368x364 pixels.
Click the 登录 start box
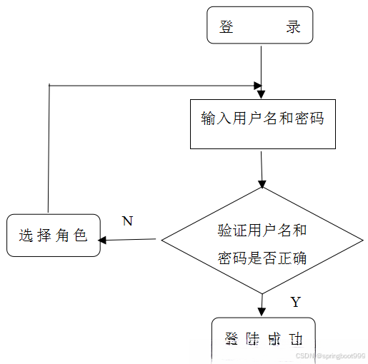(x=260, y=26)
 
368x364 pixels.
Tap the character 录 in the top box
(x=293, y=27)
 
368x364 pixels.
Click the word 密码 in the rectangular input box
(x=311, y=118)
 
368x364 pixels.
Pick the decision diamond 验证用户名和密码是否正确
(x=262, y=241)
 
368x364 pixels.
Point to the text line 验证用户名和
(x=262, y=231)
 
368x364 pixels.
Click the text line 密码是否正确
(x=262, y=257)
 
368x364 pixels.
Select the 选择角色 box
(x=53, y=235)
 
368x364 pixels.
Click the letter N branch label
(x=127, y=221)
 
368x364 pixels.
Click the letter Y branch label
(x=296, y=301)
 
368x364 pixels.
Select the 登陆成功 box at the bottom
(x=263, y=339)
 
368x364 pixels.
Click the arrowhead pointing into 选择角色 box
(x=103, y=240)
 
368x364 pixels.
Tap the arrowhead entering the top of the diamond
(x=262, y=183)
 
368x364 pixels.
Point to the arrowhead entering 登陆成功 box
(x=262, y=311)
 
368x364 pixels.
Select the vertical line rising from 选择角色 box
(x=49, y=150)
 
